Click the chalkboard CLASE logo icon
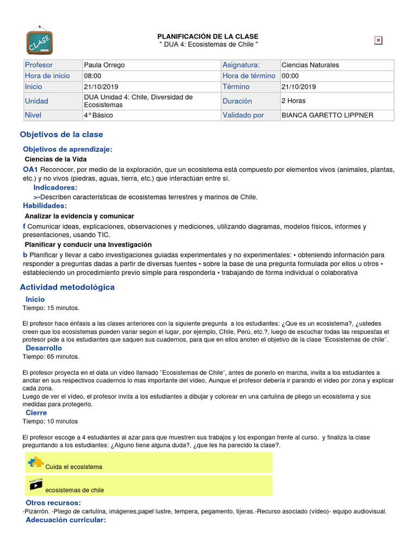pos(40,40)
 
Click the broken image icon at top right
pos(378,40)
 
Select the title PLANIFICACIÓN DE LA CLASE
pos(208,36)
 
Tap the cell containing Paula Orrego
pos(104,65)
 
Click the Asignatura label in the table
pos(241,65)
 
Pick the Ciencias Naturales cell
pos(310,65)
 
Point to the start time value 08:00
pos(93,76)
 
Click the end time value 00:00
pos(290,76)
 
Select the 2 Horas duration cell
pos(293,101)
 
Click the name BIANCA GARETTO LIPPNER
pos(328,115)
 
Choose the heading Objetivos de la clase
pos(62,134)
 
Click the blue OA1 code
pos(30,170)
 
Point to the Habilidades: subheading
pos(45,206)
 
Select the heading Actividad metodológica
pos(67,287)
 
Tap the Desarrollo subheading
pos(44,348)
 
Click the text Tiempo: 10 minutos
pos(50,421)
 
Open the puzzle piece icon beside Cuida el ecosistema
pos(35,463)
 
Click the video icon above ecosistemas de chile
pos(35,484)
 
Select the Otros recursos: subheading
pos(53,503)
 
